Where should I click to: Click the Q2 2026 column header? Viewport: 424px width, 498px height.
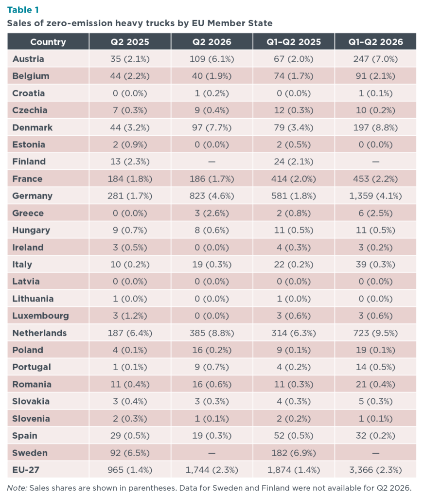click(x=212, y=42)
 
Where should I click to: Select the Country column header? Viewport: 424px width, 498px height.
click(x=48, y=42)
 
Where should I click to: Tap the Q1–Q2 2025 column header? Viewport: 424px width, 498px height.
click(x=294, y=42)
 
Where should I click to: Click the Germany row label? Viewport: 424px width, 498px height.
click(x=33, y=196)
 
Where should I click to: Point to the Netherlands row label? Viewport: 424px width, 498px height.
click(x=39, y=333)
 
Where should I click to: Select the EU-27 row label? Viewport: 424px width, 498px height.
click(x=26, y=470)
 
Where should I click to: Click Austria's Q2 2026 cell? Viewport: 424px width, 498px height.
click(x=212, y=59)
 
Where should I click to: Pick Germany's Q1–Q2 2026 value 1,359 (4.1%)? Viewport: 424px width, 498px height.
click(x=375, y=196)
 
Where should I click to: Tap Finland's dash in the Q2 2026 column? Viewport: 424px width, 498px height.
click(x=212, y=161)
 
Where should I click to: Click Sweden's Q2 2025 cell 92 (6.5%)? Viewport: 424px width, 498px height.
click(x=130, y=453)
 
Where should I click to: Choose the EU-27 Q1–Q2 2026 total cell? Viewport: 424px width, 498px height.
click(x=375, y=470)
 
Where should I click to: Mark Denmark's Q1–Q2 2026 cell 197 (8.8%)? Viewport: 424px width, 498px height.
click(x=375, y=128)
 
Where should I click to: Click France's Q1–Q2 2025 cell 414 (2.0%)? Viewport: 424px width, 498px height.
click(x=294, y=179)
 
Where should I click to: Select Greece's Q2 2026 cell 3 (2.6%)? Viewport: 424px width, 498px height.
click(x=212, y=213)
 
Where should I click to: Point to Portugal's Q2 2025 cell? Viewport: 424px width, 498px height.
click(x=130, y=367)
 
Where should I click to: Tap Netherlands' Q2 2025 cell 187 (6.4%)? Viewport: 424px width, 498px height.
click(x=130, y=333)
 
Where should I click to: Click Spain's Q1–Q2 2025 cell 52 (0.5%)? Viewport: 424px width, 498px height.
click(x=294, y=436)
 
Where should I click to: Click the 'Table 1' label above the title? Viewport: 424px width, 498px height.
click(x=23, y=10)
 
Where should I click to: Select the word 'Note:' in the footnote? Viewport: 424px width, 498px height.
click(x=17, y=488)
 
